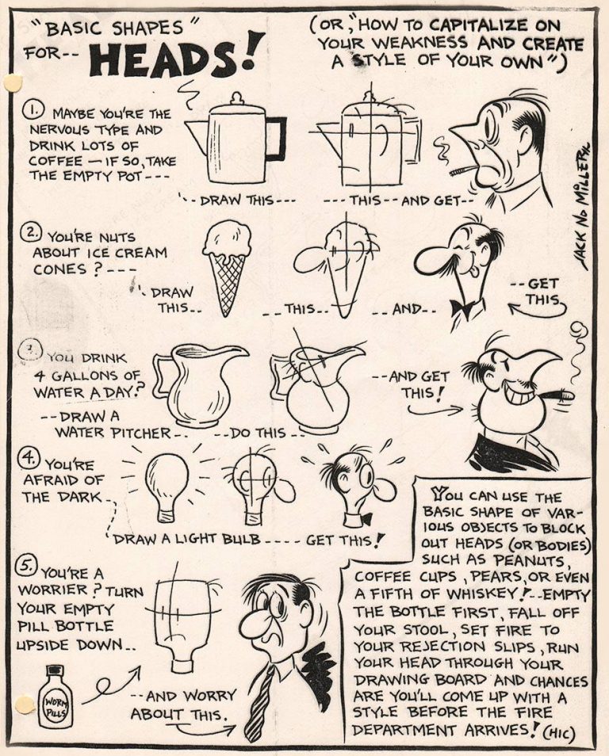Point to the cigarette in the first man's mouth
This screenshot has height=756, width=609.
[462, 170]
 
